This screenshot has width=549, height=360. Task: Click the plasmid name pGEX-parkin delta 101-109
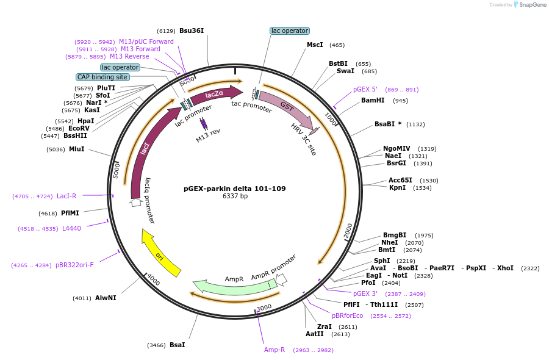point(235,189)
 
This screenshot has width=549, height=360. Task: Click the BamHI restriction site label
point(372,100)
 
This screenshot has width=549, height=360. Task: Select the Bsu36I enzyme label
point(192,31)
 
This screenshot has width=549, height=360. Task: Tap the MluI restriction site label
point(76,149)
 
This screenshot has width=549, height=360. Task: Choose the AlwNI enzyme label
point(106,298)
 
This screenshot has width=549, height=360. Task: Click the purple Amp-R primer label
point(274,350)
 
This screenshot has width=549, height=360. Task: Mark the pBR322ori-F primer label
point(74,265)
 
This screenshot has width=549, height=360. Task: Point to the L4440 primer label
point(71,228)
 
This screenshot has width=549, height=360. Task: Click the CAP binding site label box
point(102,77)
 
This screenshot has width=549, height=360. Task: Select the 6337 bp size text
point(235,196)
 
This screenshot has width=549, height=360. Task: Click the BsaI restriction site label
point(177,345)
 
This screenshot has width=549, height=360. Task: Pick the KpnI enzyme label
point(397,187)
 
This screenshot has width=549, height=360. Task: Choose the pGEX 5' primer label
point(365,89)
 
